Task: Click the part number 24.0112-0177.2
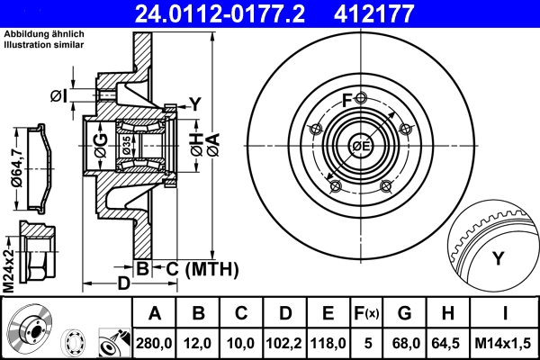point(232,13)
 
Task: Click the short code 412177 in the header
point(400,13)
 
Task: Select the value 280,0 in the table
point(155,342)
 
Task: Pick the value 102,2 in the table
point(285,342)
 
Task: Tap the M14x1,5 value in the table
point(504,342)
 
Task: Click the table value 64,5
point(447,342)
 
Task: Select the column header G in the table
point(404,314)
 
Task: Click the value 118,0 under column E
point(328,342)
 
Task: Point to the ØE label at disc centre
point(361,146)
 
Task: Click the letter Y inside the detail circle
point(498,260)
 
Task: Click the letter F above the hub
point(347,99)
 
